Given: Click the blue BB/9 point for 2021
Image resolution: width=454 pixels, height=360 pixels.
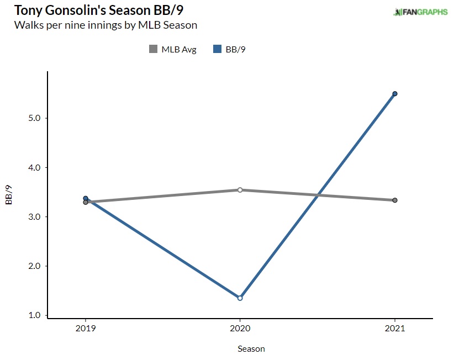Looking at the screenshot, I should tap(395, 94).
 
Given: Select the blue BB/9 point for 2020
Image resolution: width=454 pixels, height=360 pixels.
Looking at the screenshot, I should tap(240, 298).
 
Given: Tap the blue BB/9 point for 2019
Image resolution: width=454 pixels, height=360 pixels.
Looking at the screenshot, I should tap(86, 198).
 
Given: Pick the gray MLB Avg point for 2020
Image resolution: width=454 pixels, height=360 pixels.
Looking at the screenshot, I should tap(240, 190).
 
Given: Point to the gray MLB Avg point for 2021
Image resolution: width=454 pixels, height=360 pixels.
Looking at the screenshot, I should tap(395, 200).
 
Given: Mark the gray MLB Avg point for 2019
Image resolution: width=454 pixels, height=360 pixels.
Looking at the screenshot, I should tap(86, 203).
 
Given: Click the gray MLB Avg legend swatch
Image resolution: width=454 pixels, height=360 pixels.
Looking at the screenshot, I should tap(153, 49).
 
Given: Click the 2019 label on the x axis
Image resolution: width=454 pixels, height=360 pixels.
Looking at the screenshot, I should tap(86, 329).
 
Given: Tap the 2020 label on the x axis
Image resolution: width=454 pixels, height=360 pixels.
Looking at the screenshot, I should tap(240, 329).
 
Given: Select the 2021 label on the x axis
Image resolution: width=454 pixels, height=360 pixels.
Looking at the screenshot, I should tap(395, 329).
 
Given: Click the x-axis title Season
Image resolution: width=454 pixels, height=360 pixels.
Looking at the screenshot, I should tap(251, 349).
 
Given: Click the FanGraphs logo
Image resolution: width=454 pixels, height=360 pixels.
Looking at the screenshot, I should tap(420, 12).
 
